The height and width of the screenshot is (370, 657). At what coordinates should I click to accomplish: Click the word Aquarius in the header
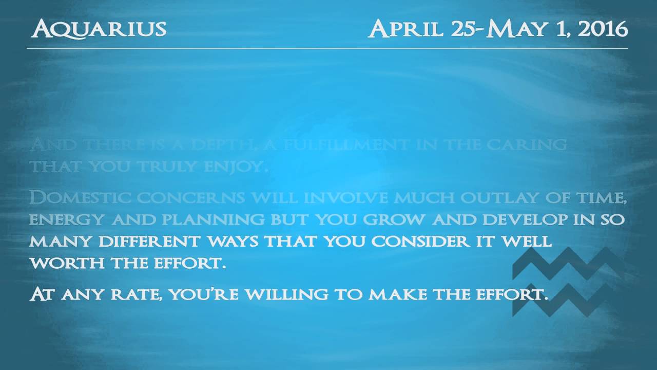(99, 29)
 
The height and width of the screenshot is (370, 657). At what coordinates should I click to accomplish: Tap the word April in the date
(405, 29)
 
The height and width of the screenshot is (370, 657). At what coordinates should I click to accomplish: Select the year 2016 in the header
(603, 29)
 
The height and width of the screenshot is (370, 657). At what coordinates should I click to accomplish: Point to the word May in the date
(513, 29)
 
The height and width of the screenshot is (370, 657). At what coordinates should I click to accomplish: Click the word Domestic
(71, 198)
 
